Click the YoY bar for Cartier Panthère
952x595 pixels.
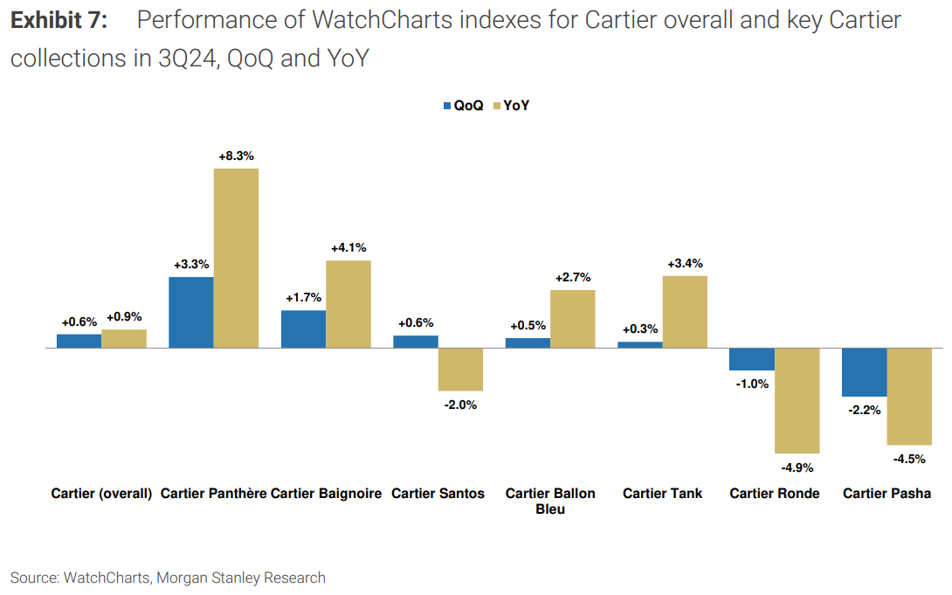click(236, 258)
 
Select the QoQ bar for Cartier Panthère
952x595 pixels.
click(190, 312)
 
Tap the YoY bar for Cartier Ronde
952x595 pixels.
click(797, 400)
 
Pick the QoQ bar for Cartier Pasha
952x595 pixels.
click(864, 372)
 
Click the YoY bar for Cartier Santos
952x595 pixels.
click(460, 369)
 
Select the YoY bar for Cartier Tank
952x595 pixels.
click(685, 312)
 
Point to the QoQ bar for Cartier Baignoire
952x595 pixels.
click(303, 329)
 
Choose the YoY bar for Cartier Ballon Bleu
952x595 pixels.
click(572, 319)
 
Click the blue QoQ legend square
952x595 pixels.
click(447, 106)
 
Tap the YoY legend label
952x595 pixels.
click(517, 106)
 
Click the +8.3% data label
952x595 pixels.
click(236, 156)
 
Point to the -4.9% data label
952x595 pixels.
click(797, 467)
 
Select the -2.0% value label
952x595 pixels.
click(460, 405)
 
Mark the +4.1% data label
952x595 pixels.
click(348, 247)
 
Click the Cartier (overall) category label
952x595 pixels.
click(101, 494)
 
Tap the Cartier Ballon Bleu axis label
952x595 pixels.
click(550, 501)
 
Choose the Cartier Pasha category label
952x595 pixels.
click(886, 494)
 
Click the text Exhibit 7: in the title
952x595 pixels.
click(59, 20)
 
